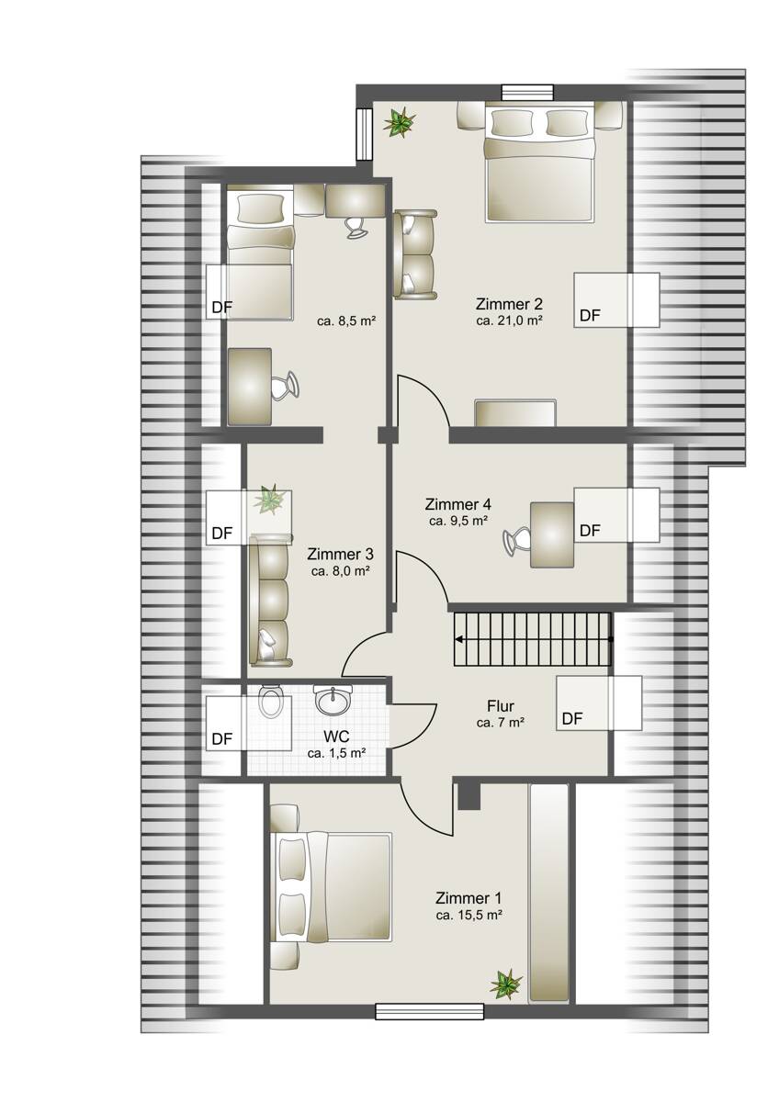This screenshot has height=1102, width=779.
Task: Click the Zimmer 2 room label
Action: pyautogui.click(x=509, y=304)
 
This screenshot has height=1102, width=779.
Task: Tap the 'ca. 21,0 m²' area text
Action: pyautogui.click(x=509, y=321)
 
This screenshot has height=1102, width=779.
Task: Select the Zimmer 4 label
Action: pyautogui.click(x=457, y=504)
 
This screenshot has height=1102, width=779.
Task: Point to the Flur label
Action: pyautogui.click(x=500, y=706)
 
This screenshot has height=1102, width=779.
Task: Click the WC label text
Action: pyautogui.click(x=336, y=737)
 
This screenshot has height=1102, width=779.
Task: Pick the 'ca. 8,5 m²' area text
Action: pyautogui.click(x=347, y=321)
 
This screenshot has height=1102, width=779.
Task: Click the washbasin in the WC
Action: pyautogui.click(x=333, y=699)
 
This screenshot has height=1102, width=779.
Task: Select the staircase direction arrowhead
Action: pyautogui.click(x=458, y=640)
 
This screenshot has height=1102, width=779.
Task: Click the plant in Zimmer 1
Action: pyautogui.click(x=505, y=982)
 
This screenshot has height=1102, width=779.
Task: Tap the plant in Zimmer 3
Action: pyautogui.click(x=270, y=499)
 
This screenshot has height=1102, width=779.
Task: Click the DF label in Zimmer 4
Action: pyautogui.click(x=590, y=531)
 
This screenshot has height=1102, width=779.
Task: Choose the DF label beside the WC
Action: pyautogui.click(x=222, y=739)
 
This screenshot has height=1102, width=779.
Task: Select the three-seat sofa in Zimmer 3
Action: pyautogui.click(x=270, y=601)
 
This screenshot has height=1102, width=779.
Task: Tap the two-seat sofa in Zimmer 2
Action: pyautogui.click(x=415, y=253)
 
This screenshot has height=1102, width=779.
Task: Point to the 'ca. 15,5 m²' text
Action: pyautogui.click(x=469, y=915)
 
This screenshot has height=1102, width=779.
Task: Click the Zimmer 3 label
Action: pyautogui.click(x=340, y=554)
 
